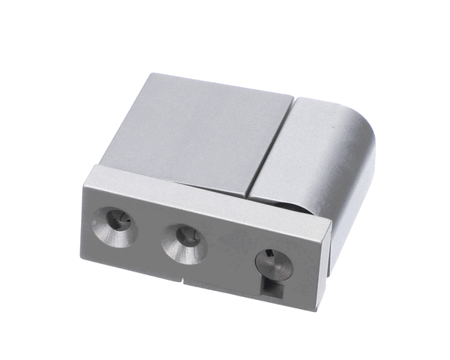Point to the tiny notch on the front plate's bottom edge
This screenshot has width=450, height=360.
point(182,283)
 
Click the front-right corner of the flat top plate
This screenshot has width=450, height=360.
point(247,196)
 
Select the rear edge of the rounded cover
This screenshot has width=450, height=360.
point(330,102)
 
